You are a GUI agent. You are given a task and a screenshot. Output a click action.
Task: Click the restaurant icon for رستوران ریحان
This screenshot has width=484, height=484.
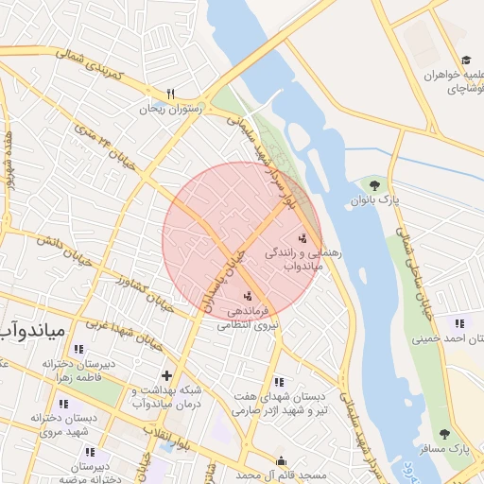tap(171, 94)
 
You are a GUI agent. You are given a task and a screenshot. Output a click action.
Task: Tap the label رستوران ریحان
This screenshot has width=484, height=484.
tap(171, 109)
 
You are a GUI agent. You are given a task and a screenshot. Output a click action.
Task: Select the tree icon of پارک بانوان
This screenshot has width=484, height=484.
tap(376, 185)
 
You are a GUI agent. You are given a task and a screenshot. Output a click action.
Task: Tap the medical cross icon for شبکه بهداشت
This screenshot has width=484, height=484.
tap(167, 375)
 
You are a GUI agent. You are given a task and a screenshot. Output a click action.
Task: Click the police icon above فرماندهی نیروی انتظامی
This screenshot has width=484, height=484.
tap(248, 296)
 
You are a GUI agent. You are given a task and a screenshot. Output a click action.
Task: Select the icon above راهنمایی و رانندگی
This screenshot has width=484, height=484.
tap(302, 237)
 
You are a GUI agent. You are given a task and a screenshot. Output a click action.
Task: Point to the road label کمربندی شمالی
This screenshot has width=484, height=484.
tap(94, 65)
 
